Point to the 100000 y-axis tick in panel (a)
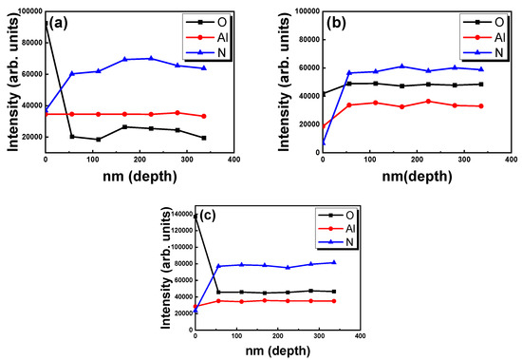coord(26,10)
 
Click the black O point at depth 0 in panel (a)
coord(46,21)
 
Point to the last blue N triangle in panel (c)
coord(334,262)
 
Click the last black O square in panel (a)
coord(204,138)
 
